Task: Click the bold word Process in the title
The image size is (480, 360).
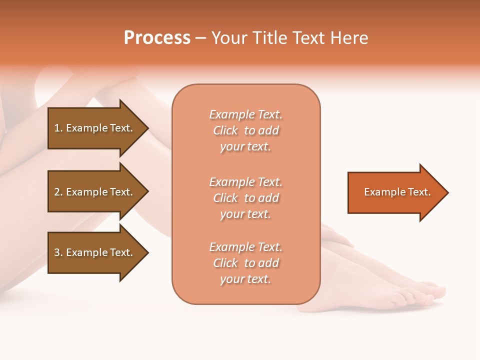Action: pyautogui.click(x=157, y=38)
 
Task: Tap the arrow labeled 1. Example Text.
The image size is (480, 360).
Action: pyautogui.click(x=95, y=128)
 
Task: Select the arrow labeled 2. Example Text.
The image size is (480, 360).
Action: pyautogui.click(x=95, y=192)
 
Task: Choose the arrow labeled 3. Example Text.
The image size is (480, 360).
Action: pyautogui.click(x=95, y=252)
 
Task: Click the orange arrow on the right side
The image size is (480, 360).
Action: pyautogui.click(x=395, y=192)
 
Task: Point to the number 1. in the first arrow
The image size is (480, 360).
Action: pyautogui.click(x=58, y=128)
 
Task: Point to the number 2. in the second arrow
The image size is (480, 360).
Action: pyautogui.click(x=58, y=192)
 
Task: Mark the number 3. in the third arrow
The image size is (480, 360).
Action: pyautogui.click(x=58, y=252)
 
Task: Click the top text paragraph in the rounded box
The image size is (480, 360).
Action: pyautogui.click(x=245, y=130)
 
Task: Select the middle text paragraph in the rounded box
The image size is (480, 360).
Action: pyautogui.click(x=245, y=198)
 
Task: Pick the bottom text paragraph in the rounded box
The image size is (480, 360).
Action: pyautogui.click(x=245, y=263)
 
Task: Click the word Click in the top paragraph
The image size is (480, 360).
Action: pyautogui.click(x=225, y=130)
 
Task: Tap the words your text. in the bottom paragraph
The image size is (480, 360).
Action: pyautogui.click(x=245, y=279)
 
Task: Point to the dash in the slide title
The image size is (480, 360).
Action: pyautogui.click(x=201, y=38)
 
